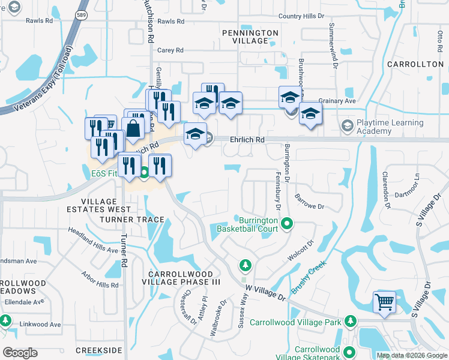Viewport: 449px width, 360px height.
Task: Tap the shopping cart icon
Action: tap(384, 302)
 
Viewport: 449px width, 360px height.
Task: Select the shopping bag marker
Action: tap(132, 128)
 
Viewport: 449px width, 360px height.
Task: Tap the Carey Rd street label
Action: tap(170, 50)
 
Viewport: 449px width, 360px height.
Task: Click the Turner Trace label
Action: tap(131, 220)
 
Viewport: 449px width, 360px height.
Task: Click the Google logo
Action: tap(20, 353)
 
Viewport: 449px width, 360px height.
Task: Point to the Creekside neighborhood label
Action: tap(99, 350)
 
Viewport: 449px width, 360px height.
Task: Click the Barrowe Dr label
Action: tap(310, 202)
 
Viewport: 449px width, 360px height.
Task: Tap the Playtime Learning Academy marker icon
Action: tap(346, 126)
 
